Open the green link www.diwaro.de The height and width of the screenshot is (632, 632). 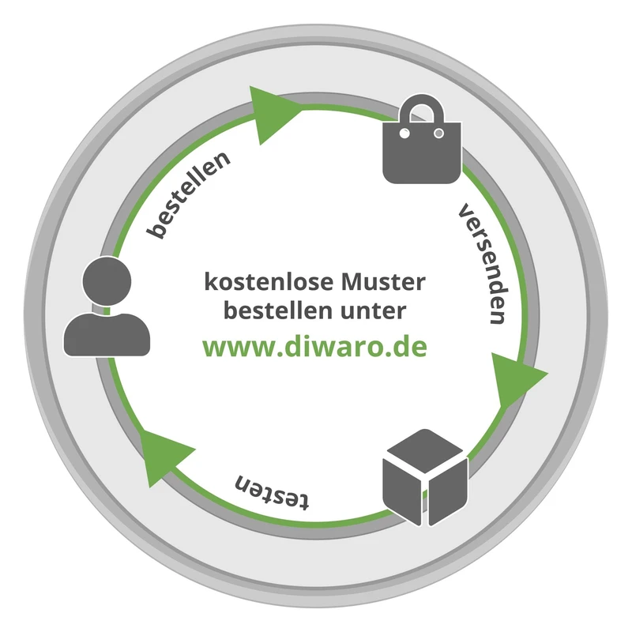315,347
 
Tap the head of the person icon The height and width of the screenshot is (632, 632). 106,280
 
